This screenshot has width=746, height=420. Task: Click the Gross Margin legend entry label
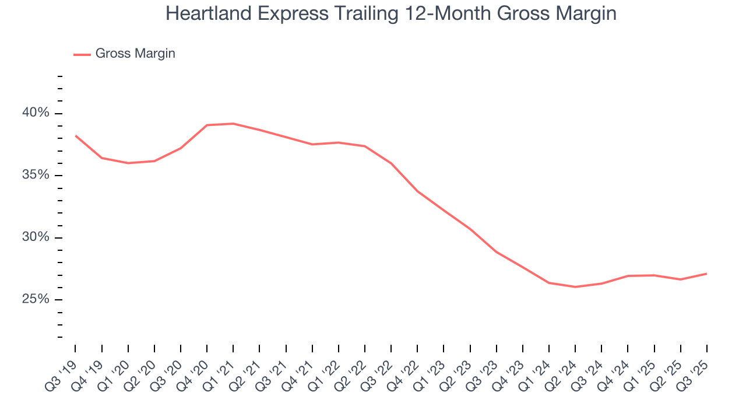click(135, 54)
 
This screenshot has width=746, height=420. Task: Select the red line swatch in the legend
click(82, 54)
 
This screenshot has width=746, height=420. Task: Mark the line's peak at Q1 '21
click(233, 124)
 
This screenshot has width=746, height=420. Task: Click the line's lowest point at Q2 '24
click(575, 287)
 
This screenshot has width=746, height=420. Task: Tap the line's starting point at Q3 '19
click(75, 135)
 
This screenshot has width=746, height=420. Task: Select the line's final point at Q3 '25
click(706, 274)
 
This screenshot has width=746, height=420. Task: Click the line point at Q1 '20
click(128, 163)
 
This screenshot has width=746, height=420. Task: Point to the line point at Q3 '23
click(496, 252)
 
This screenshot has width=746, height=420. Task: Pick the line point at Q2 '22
click(365, 146)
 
